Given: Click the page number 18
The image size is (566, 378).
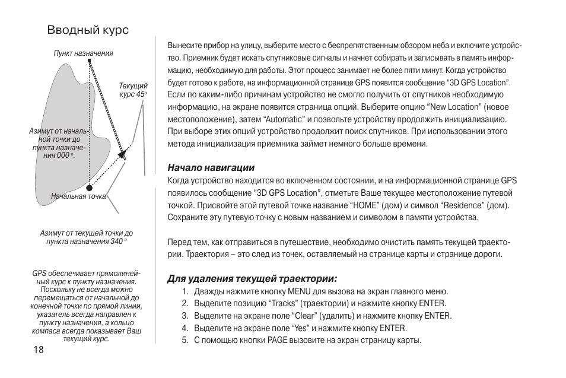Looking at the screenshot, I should tap(39, 350).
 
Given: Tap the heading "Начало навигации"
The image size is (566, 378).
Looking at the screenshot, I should tap(206, 168).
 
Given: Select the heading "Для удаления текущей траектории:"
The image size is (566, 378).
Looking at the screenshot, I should tap(252, 278).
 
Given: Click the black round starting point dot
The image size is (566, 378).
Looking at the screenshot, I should tap(89, 186).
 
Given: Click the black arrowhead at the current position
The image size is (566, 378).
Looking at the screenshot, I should tap(123, 154).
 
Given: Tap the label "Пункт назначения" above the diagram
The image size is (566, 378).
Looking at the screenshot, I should tap(83, 53).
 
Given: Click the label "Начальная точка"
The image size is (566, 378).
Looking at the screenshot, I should tap(78, 196).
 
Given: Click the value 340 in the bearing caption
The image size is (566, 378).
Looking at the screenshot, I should tap(117, 242).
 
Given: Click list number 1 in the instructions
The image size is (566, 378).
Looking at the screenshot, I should tap(185, 291).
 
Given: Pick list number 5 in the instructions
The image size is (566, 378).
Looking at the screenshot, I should tap(185, 341).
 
